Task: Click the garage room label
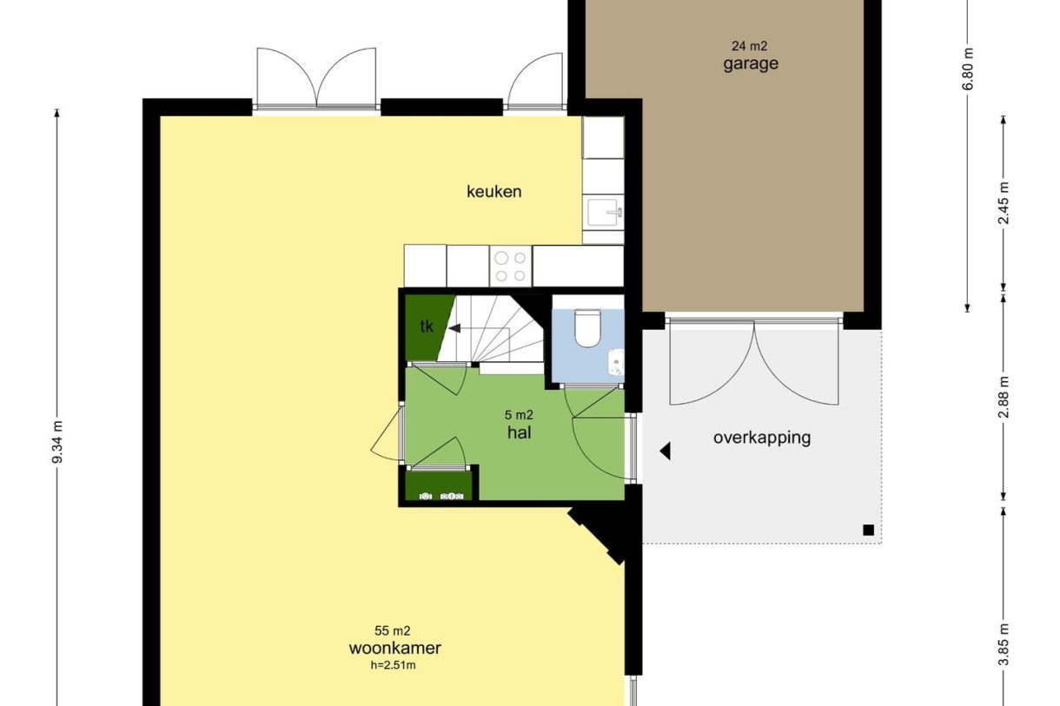[x=751, y=63]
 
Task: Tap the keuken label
[x=494, y=191]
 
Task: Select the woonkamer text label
[x=395, y=648]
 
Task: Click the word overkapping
[x=762, y=437]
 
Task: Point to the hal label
[x=520, y=431]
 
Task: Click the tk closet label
[x=427, y=327]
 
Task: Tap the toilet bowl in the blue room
[x=587, y=329]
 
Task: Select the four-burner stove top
[x=511, y=267]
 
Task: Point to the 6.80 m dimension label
[x=968, y=69]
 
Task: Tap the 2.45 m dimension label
[x=1004, y=204]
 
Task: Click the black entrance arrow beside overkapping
[x=666, y=452]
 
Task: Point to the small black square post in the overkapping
[x=867, y=530]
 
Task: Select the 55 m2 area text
[x=393, y=631]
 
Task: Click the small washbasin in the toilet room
[x=616, y=360]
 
